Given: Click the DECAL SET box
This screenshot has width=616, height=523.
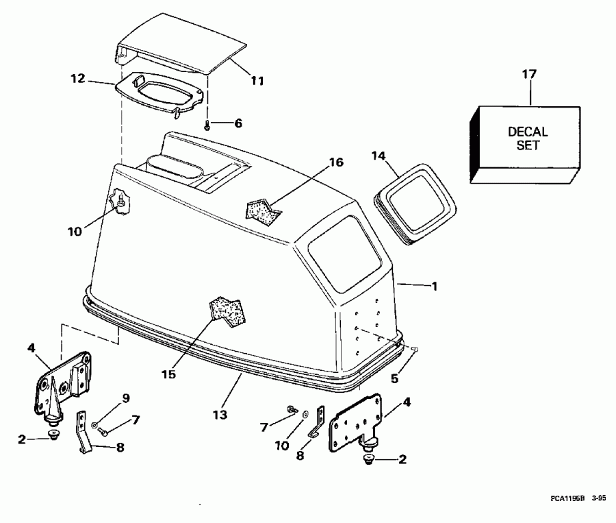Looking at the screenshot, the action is [x=525, y=145].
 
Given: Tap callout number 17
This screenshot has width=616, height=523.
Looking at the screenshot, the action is [x=529, y=74].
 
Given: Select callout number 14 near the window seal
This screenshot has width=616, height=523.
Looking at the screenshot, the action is [x=378, y=156].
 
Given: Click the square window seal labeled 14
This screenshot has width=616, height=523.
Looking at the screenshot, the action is [x=415, y=204].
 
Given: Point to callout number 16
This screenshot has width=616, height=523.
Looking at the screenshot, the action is [x=336, y=162].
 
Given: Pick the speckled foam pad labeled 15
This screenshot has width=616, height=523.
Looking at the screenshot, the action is [x=228, y=311].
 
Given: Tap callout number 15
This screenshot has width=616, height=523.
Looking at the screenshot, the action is [x=169, y=374].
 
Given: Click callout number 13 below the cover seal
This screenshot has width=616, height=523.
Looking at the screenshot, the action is [x=220, y=415].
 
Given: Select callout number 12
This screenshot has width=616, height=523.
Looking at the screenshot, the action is [x=78, y=78].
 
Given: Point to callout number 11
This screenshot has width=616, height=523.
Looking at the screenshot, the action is [x=258, y=81].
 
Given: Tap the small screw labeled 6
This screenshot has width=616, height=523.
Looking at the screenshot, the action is [x=207, y=126].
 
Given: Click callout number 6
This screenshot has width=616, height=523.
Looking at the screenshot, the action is [x=238, y=123].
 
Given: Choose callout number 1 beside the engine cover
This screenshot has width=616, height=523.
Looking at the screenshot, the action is [x=435, y=286].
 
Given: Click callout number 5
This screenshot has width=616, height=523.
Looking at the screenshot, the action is [x=394, y=378].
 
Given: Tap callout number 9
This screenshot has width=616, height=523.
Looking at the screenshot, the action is [x=126, y=398].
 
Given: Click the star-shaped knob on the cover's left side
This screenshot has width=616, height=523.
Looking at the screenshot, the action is [x=119, y=202].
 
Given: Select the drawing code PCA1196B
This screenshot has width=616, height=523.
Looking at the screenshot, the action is [x=567, y=498].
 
